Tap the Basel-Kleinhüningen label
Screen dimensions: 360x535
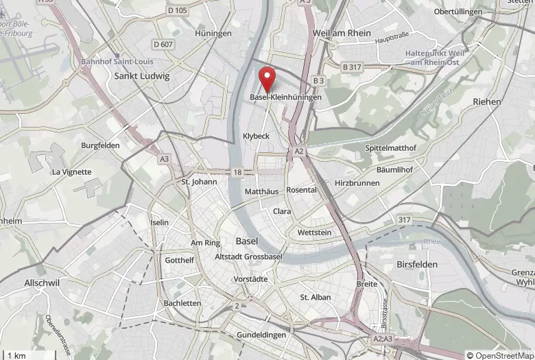[x=285, y=98]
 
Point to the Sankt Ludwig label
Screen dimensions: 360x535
[x=142, y=76]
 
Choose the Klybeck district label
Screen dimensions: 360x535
[x=257, y=136]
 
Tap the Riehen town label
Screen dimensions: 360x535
[x=487, y=101]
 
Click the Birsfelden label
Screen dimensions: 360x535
[x=416, y=264]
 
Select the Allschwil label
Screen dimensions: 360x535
[x=43, y=283]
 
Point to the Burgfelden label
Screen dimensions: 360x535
[x=100, y=145]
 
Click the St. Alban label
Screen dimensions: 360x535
[x=316, y=297]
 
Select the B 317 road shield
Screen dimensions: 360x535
[x=352, y=67]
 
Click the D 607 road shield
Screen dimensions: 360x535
[x=163, y=45]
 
